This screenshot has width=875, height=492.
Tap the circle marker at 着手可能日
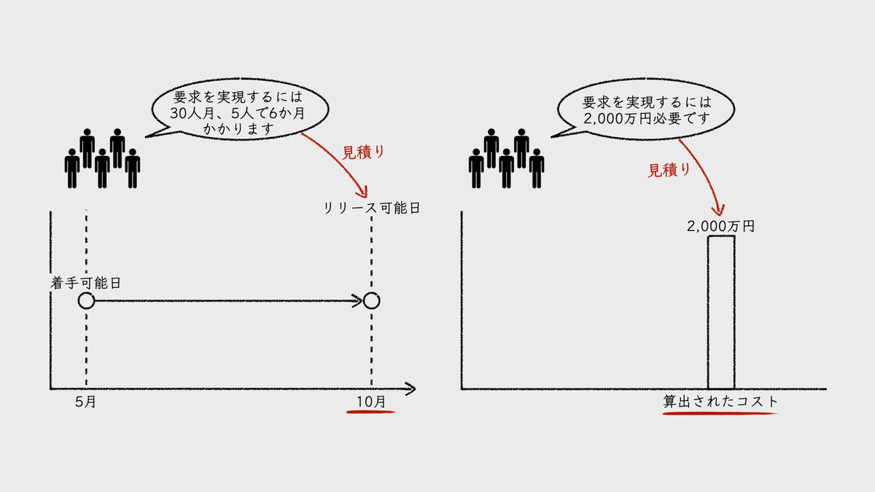pyautogui.click(x=86, y=300)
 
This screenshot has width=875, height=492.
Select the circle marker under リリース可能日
pyautogui.click(x=371, y=300)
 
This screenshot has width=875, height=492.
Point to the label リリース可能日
pyautogui.click(x=372, y=208)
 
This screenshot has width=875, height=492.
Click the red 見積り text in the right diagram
pyautogui.click(x=669, y=170)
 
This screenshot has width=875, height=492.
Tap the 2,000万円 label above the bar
pyautogui.click(x=720, y=226)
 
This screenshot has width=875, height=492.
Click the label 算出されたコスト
pyautogui.click(x=720, y=402)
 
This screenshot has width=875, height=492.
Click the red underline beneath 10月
pyautogui.click(x=370, y=412)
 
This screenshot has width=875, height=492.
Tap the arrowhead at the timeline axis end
pyautogui.click(x=410, y=388)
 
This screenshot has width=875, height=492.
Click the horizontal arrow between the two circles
pyautogui.click(x=226, y=300)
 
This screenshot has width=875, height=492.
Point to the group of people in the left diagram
pyautogui.click(x=102, y=158)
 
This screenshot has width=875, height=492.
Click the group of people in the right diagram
pyautogui.click(x=506, y=158)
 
